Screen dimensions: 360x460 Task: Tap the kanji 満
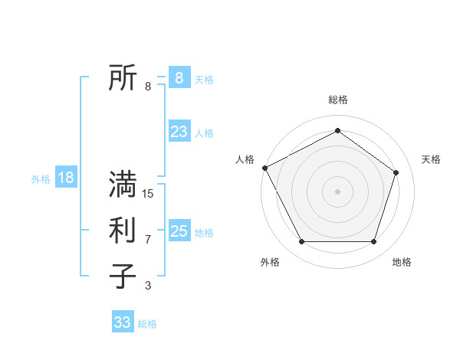click(x=123, y=185)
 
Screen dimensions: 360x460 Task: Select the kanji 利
click(x=123, y=231)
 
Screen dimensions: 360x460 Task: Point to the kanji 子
click(x=123, y=277)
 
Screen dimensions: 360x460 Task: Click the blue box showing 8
click(x=179, y=77)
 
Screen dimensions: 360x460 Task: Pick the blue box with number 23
click(x=179, y=132)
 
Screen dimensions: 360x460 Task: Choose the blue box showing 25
click(x=179, y=231)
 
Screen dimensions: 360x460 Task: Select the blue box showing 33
click(x=123, y=322)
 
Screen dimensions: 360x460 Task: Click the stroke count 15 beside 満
click(x=148, y=194)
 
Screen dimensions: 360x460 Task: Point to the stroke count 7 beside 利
click(x=148, y=240)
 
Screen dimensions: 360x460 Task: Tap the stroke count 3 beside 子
click(x=148, y=286)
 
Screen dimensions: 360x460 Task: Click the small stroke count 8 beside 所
click(x=148, y=87)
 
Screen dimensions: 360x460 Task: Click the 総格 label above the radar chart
click(x=338, y=100)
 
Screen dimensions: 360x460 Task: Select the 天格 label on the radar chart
click(x=432, y=159)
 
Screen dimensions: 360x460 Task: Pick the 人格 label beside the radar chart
click(x=245, y=159)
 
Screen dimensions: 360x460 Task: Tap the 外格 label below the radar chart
click(x=270, y=262)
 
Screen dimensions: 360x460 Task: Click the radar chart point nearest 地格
click(x=374, y=242)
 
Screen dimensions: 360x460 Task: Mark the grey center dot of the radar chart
click(x=337, y=191)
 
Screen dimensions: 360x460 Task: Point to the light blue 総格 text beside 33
click(x=147, y=324)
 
